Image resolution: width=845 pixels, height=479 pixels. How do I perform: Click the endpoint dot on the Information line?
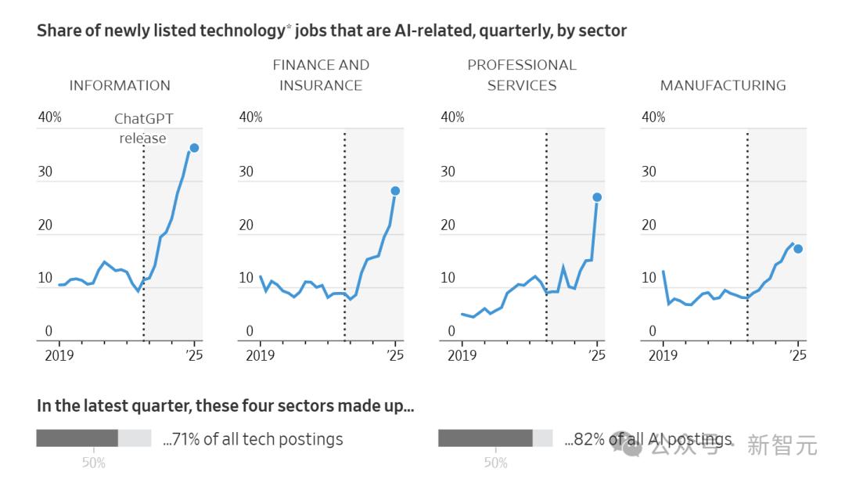pos(194,148)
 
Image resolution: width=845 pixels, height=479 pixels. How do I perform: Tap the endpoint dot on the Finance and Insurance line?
pos(395,191)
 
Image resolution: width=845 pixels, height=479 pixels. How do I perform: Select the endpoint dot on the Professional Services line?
pos(597,197)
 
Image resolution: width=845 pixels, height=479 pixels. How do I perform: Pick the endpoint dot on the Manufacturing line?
pos(798,249)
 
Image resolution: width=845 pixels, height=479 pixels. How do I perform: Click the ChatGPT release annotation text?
pos(143,128)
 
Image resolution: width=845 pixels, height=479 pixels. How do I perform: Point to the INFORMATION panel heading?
pos(120,85)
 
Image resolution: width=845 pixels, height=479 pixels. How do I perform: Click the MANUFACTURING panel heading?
pos(723,85)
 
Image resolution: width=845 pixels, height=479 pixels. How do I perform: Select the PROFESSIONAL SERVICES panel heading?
pos(522,75)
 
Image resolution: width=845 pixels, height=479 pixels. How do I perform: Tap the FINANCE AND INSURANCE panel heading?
pos(321,75)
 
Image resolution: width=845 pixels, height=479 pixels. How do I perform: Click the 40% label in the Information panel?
pos(49,117)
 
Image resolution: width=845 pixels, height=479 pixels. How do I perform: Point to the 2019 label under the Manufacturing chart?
pos(663,355)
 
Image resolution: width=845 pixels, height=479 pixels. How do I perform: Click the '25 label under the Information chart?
pos(194,355)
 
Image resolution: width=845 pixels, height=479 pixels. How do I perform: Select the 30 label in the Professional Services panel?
pos(448,171)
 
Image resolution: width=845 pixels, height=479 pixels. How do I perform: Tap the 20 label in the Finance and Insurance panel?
pos(246,225)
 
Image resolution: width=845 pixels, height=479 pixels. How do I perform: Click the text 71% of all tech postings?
pos(253,439)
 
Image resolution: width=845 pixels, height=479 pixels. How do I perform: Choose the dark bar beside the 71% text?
pos(77,438)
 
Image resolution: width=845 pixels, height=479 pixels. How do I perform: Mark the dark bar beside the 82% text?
pos(485,438)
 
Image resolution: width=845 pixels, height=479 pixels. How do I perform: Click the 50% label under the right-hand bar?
pos(495,463)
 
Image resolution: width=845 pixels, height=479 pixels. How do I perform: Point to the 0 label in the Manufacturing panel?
pos(653,331)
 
